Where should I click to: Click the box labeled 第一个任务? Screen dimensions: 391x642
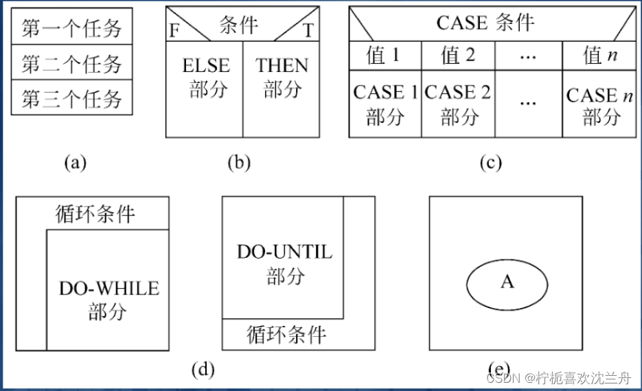pyautogui.click(x=71, y=28)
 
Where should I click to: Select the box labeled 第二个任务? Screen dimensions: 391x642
pyautogui.click(x=71, y=64)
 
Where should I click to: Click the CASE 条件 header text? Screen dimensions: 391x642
pyautogui.click(x=485, y=23)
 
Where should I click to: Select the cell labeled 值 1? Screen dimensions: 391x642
pyautogui.click(x=384, y=55)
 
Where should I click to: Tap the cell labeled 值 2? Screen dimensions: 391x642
pyautogui.click(x=457, y=55)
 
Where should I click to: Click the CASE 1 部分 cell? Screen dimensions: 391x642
pyautogui.click(x=385, y=104)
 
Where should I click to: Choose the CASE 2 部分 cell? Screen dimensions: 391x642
pyautogui.click(x=457, y=104)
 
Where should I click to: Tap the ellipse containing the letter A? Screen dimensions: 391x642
pyautogui.click(x=507, y=282)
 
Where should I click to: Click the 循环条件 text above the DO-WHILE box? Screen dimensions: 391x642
pyautogui.click(x=95, y=214)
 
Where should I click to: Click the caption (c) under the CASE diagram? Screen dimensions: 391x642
pyautogui.click(x=491, y=163)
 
